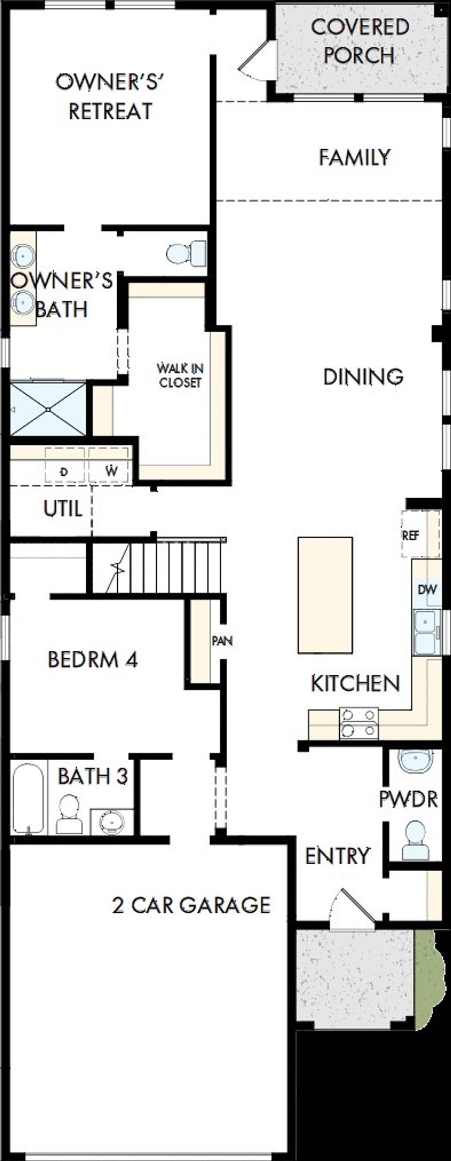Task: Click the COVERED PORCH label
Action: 359,42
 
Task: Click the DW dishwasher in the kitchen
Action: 426,589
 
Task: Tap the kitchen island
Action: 325,595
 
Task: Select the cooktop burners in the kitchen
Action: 359,723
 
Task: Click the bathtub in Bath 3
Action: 28,798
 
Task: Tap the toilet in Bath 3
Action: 69,814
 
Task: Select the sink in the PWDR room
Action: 415,761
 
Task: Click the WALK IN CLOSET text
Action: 180,375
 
